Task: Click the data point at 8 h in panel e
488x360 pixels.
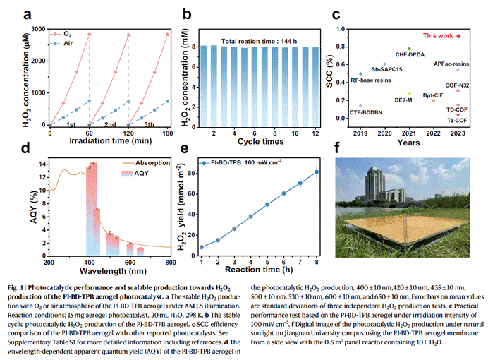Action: coord(316,172)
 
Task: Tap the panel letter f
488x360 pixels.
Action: coord(338,149)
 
